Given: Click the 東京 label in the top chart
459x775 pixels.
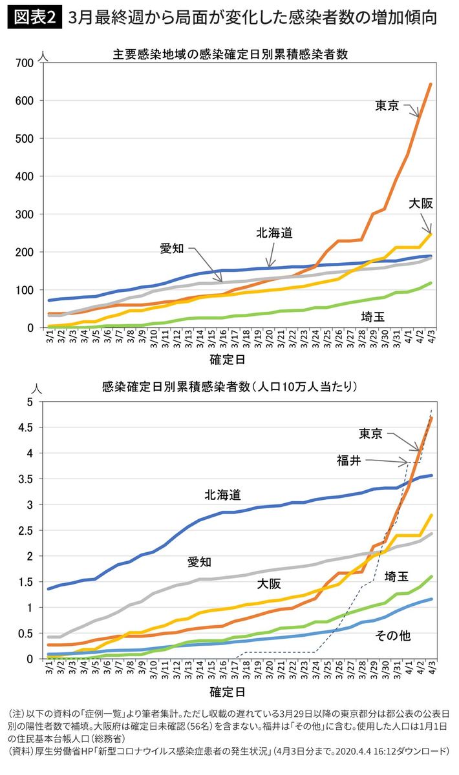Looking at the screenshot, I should (x=387, y=106).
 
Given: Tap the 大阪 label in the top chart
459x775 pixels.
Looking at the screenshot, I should (x=420, y=203).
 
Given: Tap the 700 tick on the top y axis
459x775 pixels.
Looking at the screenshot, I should (x=26, y=63).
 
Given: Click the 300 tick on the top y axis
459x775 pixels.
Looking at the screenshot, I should (x=26, y=214).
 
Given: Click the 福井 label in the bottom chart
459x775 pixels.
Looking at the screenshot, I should (x=348, y=460).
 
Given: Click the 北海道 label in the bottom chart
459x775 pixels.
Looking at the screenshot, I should (x=222, y=495).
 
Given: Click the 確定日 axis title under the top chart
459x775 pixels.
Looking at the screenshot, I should (x=227, y=357).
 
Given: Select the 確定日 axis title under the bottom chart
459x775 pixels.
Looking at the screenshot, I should (x=227, y=693).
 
